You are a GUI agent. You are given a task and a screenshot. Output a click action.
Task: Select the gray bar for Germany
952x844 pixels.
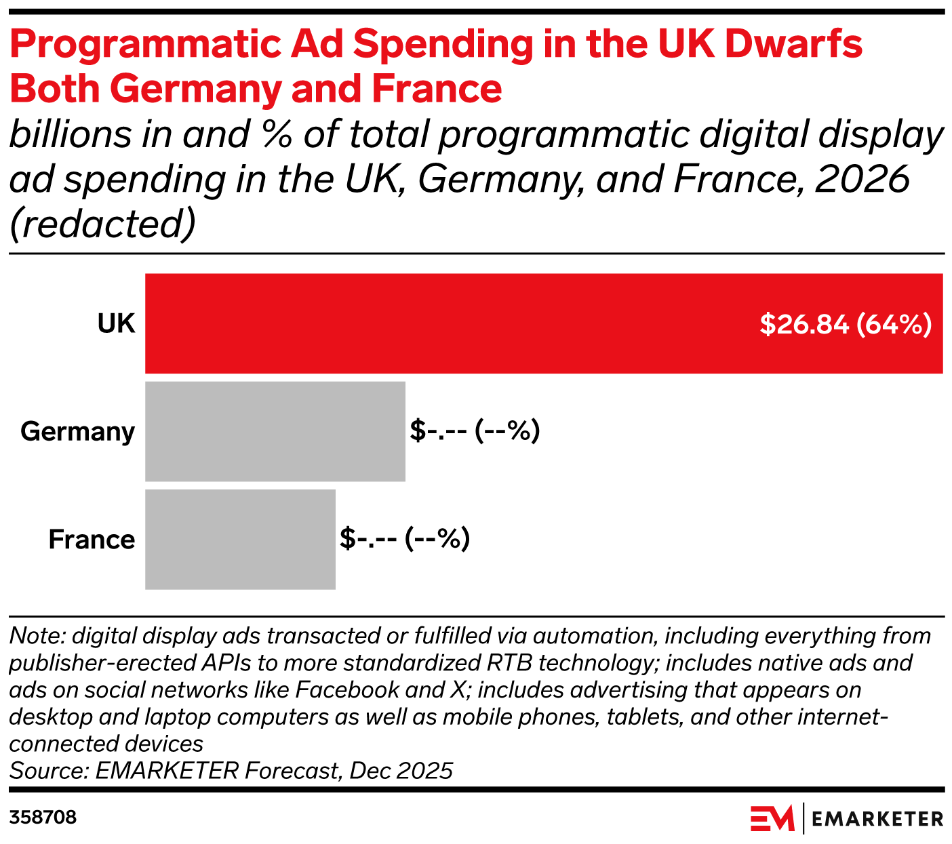pos(275,431)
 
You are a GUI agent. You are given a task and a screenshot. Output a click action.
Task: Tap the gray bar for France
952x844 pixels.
pos(240,539)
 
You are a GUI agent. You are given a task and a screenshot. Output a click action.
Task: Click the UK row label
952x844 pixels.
pos(117,323)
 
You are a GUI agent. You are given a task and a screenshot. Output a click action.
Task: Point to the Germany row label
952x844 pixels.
pos(77,432)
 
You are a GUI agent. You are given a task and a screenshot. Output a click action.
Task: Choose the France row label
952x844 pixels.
pos(92,540)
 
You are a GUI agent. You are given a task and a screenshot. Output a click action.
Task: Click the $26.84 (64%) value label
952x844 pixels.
pos(846,324)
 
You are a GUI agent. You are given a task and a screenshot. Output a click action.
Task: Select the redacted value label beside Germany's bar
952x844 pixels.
pos(475,431)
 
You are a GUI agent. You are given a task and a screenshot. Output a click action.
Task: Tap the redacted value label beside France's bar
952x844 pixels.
pos(405,539)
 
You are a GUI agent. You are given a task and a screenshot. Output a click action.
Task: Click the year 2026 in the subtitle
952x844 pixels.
pos(862,179)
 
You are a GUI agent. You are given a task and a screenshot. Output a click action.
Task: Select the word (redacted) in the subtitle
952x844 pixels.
pos(102,224)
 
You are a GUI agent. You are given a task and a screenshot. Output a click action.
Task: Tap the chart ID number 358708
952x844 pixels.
pos(43,818)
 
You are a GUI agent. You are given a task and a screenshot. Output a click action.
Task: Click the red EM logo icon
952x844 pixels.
pos(772,818)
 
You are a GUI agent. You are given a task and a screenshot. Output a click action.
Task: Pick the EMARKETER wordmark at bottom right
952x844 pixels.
pos(877,819)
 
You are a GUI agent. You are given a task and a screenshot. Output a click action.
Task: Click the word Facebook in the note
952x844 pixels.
pos(348,690)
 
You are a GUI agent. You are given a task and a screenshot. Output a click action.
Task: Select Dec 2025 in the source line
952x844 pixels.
pos(401,771)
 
